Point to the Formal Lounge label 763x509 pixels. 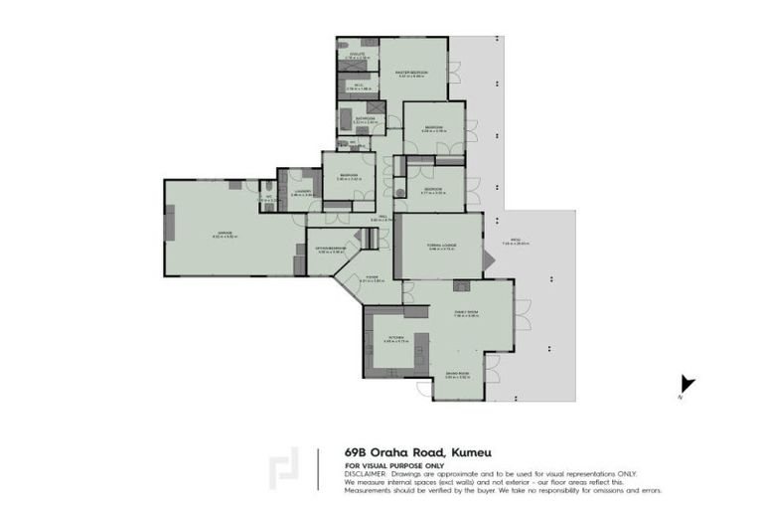442,247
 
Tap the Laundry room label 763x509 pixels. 302,191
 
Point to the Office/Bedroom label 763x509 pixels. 330,250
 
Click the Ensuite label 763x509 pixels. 358,56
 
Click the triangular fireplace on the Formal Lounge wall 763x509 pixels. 487,262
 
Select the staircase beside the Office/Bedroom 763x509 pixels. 370,239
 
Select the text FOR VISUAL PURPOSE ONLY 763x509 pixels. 394,465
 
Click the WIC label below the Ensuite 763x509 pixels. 357,85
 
